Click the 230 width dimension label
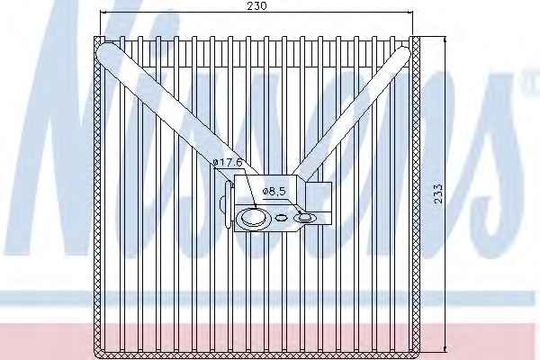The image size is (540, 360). point(256,6)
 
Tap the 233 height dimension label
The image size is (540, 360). point(437,194)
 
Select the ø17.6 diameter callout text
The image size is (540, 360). point(228,162)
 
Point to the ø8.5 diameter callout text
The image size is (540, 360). point(274,192)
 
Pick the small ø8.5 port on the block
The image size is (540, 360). point(304,218)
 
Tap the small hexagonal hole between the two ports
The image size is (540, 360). point(282,218)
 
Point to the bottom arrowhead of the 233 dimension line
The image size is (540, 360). point(445,349)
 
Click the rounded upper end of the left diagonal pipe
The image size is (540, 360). point(105,51)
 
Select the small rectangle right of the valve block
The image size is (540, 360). point(319,203)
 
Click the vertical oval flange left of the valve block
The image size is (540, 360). point(229,204)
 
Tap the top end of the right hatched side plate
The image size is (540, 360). point(416,37)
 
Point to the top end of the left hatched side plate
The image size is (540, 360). point(98,37)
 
